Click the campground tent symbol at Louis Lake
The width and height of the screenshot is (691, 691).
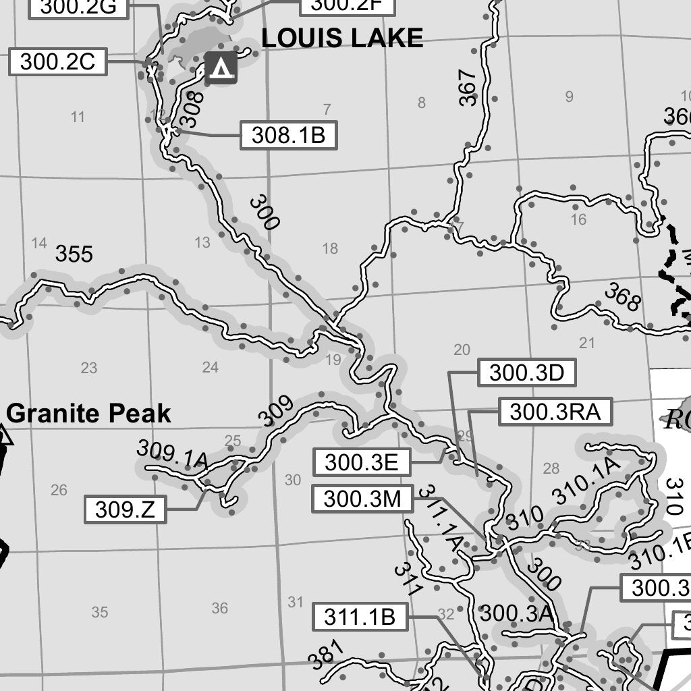[x=221, y=67]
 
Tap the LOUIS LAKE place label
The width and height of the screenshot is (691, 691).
[x=342, y=38]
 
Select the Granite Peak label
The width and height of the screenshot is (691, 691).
[x=88, y=413]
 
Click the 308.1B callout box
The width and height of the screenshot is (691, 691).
[x=288, y=136]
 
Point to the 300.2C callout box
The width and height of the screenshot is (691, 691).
[x=57, y=62]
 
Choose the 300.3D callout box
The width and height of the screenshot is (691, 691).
[x=526, y=372]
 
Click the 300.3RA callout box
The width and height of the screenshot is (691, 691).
[x=555, y=412]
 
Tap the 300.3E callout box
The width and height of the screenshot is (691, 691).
[x=361, y=462]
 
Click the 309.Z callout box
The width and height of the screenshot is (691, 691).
[x=125, y=509]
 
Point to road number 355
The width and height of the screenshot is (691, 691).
[x=74, y=254]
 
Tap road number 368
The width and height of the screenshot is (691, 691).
[x=621, y=298]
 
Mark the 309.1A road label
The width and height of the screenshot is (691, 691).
[x=171, y=454]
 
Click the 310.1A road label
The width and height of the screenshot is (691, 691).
[x=585, y=480]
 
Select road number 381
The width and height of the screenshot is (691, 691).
[x=327, y=654]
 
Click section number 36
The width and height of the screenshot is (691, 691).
[x=219, y=608]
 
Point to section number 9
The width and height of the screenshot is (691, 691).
[x=569, y=96]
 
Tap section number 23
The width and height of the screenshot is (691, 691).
[x=89, y=368]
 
